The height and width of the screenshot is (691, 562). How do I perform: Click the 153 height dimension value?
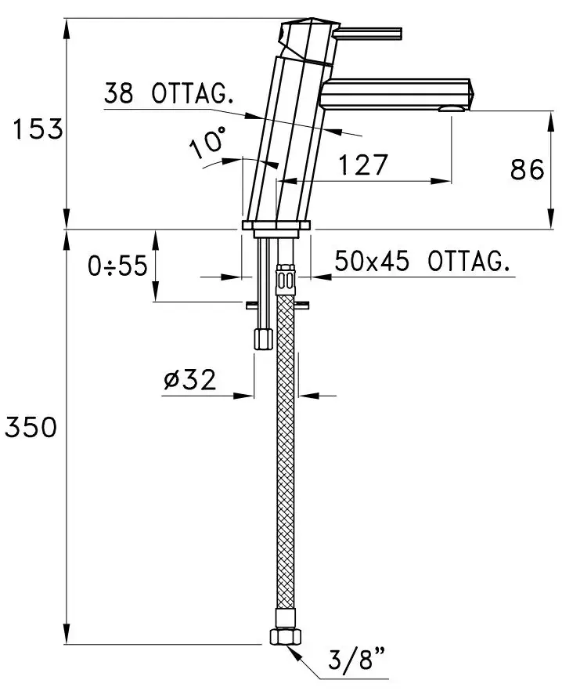(x=38, y=129)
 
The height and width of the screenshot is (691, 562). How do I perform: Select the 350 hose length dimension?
(x=31, y=427)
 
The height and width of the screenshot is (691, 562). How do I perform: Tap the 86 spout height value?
(x=528, y=169)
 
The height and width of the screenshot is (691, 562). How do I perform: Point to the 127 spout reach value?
(x=363, y=165)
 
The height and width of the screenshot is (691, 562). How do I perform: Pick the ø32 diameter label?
(x=190, y=379)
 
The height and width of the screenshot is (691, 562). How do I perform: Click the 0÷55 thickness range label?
(x=117, y=266)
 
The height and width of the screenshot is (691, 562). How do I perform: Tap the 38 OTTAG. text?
(x=168, y=93)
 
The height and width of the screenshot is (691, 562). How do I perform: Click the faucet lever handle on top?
(x=367, y=34)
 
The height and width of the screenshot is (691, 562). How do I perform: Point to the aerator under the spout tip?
(x=451, y=109)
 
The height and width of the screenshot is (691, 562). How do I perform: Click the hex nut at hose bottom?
(x=286, y=637)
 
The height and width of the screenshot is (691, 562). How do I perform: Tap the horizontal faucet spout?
(x=397, y=94)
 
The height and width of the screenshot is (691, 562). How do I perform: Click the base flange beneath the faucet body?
(x=276, y=225)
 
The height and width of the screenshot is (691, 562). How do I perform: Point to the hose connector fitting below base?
(x=286, y=280)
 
